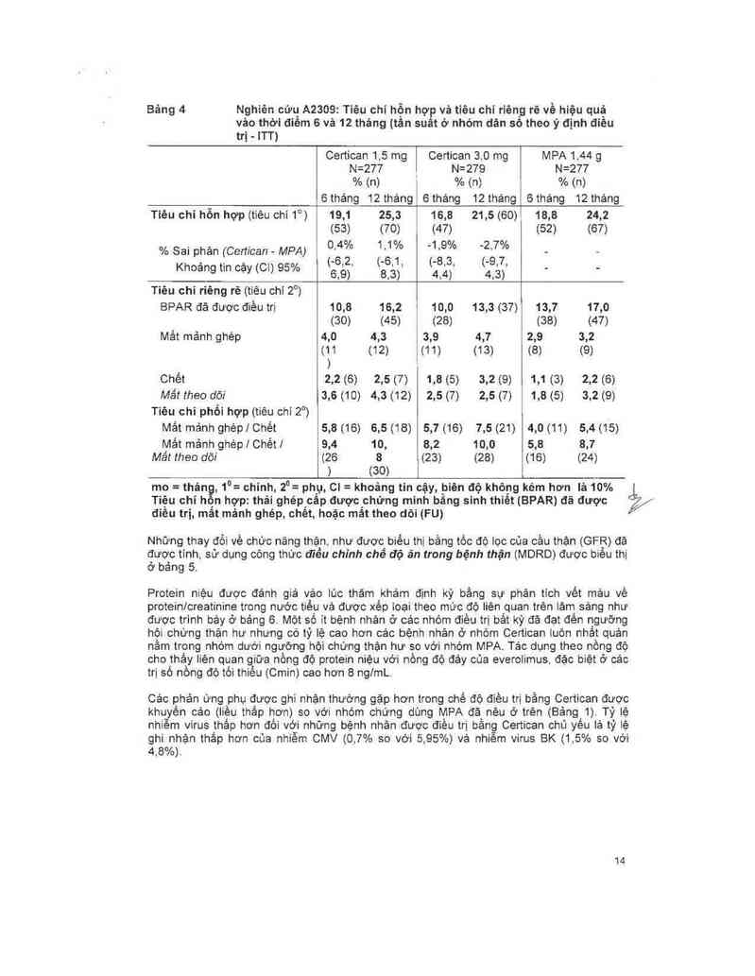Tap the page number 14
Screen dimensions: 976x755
(620, 860)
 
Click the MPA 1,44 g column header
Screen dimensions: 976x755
(571, 154)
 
